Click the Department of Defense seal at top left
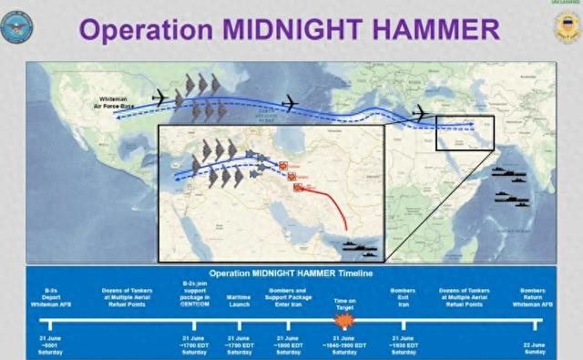click(19, 28)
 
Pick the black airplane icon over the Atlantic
click(291, 103)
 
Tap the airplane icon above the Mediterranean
click(420, 113)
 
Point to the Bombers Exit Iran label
click(404, 296)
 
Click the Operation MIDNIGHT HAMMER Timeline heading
click(291, 273)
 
